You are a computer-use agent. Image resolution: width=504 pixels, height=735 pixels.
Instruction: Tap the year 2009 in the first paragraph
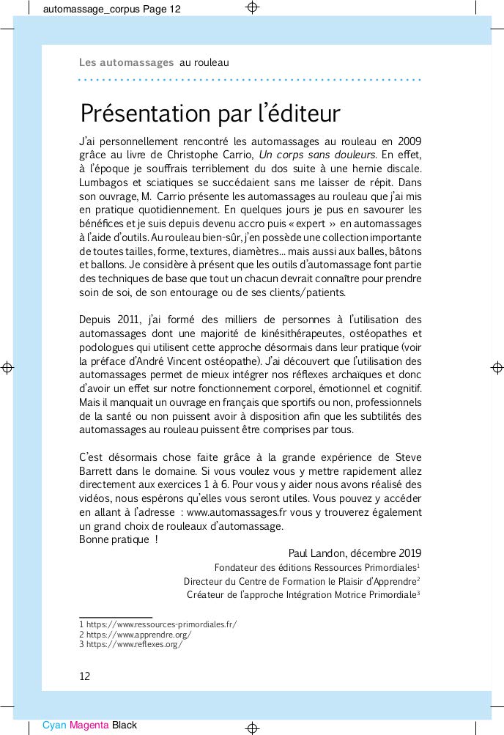407,141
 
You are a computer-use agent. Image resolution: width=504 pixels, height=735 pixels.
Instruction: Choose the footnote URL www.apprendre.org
139,635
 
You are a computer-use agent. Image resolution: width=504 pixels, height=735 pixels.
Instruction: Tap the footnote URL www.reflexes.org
133,645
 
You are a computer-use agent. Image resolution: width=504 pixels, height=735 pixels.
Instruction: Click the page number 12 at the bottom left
84,676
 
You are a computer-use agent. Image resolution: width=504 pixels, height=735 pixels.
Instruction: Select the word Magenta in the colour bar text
89,725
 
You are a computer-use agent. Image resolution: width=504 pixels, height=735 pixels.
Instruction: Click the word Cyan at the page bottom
54,725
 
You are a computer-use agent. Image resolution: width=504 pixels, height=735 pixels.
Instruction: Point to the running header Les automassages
126,63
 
